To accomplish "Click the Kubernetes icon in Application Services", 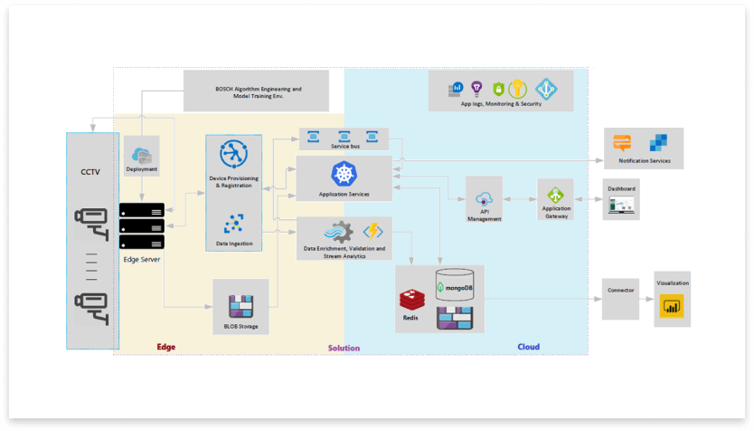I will click(x=344, y=173).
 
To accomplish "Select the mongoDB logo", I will click(x=456, y=287).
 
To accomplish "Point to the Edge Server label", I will click(x=142, y=260).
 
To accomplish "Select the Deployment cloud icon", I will click(x=142, y=154).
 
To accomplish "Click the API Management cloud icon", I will click(x=484, y=199).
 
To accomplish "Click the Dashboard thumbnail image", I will click(x=621, y=206).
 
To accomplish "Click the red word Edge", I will click(x=165, y=347).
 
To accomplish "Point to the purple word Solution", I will click(x=344, y=348).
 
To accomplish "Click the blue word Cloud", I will click(x=528, y=347).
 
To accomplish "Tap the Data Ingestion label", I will click(x=233, y=244).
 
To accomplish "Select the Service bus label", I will click(x=344, y=146).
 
